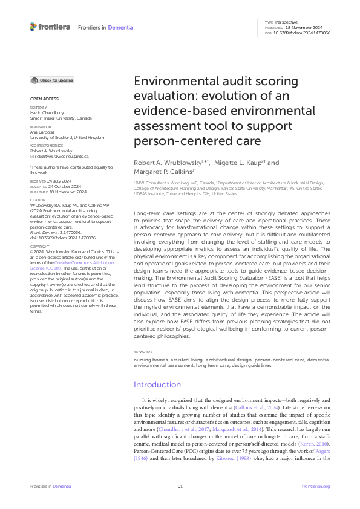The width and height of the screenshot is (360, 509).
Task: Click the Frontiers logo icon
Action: click(33, 27)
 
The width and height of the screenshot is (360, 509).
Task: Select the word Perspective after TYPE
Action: click(287, 21)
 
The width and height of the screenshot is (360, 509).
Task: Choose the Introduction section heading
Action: click(157, 384)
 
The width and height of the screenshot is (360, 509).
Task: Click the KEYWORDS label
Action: click(143, 351)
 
